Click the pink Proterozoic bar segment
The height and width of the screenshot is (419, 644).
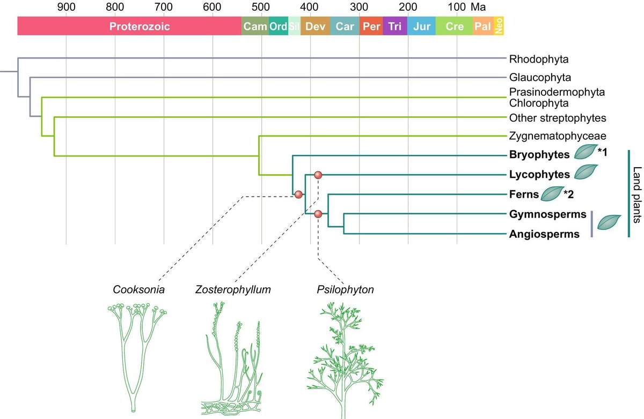coord(129,26)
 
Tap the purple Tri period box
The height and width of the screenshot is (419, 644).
coord(394,26)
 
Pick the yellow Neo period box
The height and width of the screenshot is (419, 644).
coord(499,26)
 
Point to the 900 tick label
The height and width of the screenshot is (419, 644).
coord(66,7)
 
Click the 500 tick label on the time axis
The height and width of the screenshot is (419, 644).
coord(261,7)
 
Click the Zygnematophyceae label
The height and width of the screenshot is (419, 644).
coord(550,136)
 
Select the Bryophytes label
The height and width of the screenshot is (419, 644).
coord(538,155)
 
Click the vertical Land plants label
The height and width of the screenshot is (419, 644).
coord(636,194)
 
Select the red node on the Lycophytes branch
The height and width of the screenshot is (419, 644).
coord(318,175)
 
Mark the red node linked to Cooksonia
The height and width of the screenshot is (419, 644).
coord(298,194)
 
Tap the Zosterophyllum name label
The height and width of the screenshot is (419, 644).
coord(233,290)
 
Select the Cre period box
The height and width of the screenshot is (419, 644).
coord(454,26)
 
